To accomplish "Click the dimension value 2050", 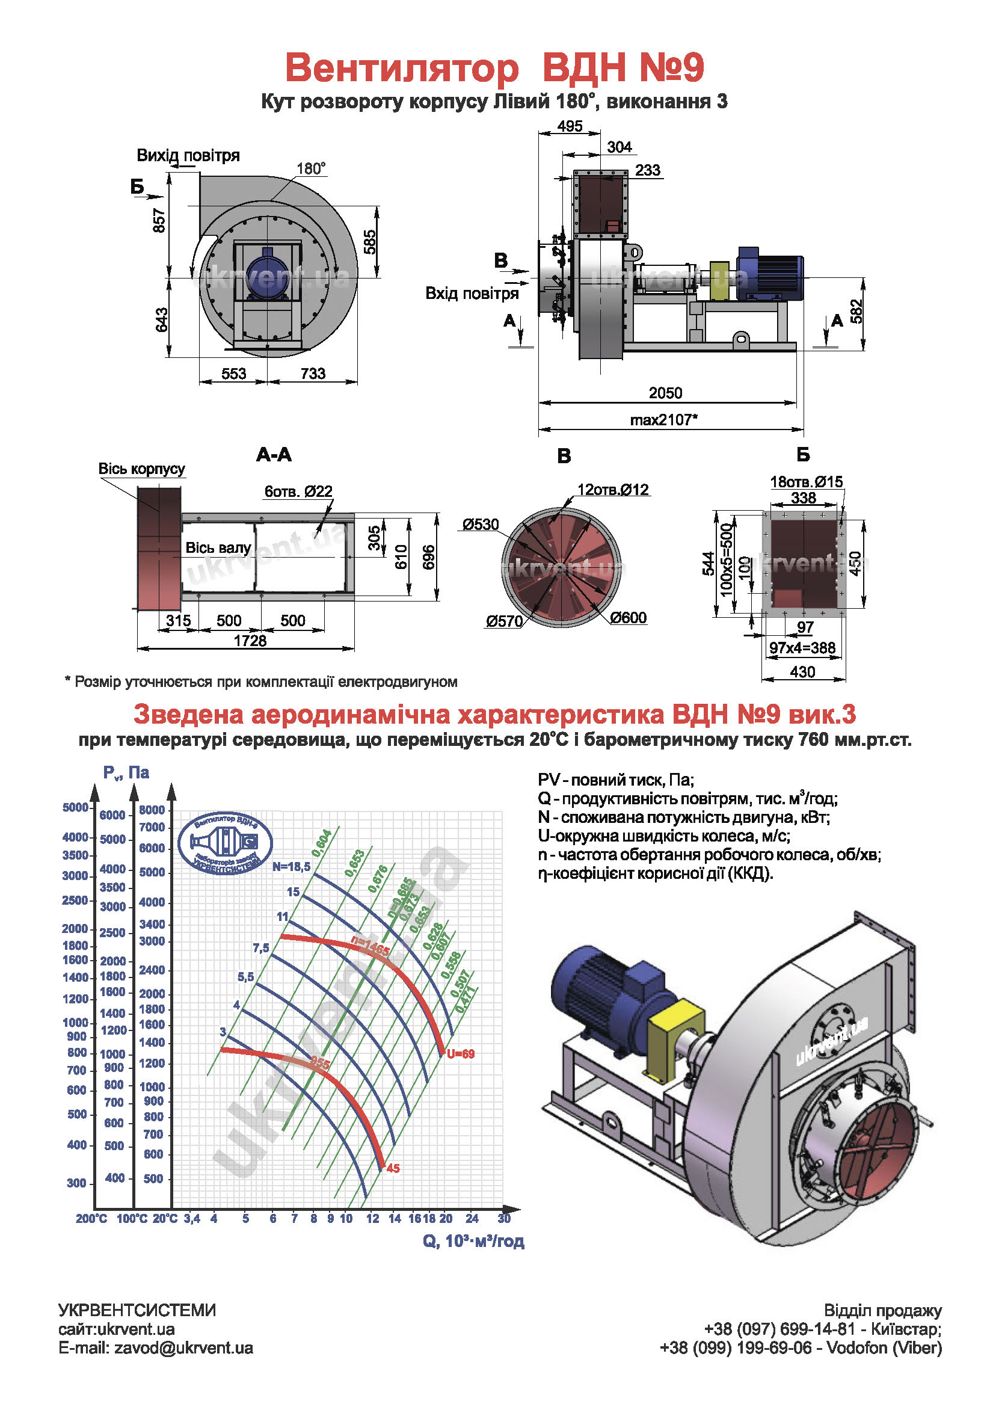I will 665,393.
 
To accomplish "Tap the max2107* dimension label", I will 664,420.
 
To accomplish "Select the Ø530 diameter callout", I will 481,525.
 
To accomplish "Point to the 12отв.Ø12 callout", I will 613,490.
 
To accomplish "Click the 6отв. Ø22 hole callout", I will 298,491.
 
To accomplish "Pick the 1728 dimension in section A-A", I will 250,641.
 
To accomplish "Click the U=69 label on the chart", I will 460,1054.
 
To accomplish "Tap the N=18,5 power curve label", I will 292,866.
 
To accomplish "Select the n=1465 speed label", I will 370,946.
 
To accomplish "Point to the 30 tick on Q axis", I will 504,1218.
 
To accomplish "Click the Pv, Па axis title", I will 126,773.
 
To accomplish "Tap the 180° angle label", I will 311,168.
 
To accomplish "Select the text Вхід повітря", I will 472,294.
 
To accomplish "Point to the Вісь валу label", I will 218,548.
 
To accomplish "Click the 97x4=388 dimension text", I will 802,648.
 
